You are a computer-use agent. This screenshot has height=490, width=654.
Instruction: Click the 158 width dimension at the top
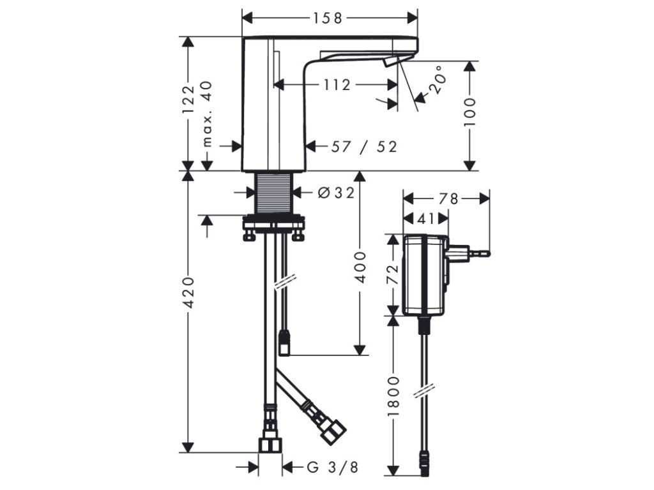(x=328, y=18)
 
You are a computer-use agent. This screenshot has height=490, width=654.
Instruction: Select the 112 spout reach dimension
(x=337, y=85)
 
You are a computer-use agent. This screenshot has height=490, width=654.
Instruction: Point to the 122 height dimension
(x=188, y=101)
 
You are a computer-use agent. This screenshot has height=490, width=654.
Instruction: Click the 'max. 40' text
(x=207, y=114)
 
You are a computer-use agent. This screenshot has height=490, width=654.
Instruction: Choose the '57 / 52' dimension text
(x=364, y=146)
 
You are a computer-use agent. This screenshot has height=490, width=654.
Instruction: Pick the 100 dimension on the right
(x=469, y=112)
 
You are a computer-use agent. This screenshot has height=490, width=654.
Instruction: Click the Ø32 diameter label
(x=336, y=193)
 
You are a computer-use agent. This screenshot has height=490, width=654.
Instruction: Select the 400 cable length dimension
(x=360, y=267)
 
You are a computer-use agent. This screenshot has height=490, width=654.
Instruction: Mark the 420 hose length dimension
(x=189, y=292)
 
